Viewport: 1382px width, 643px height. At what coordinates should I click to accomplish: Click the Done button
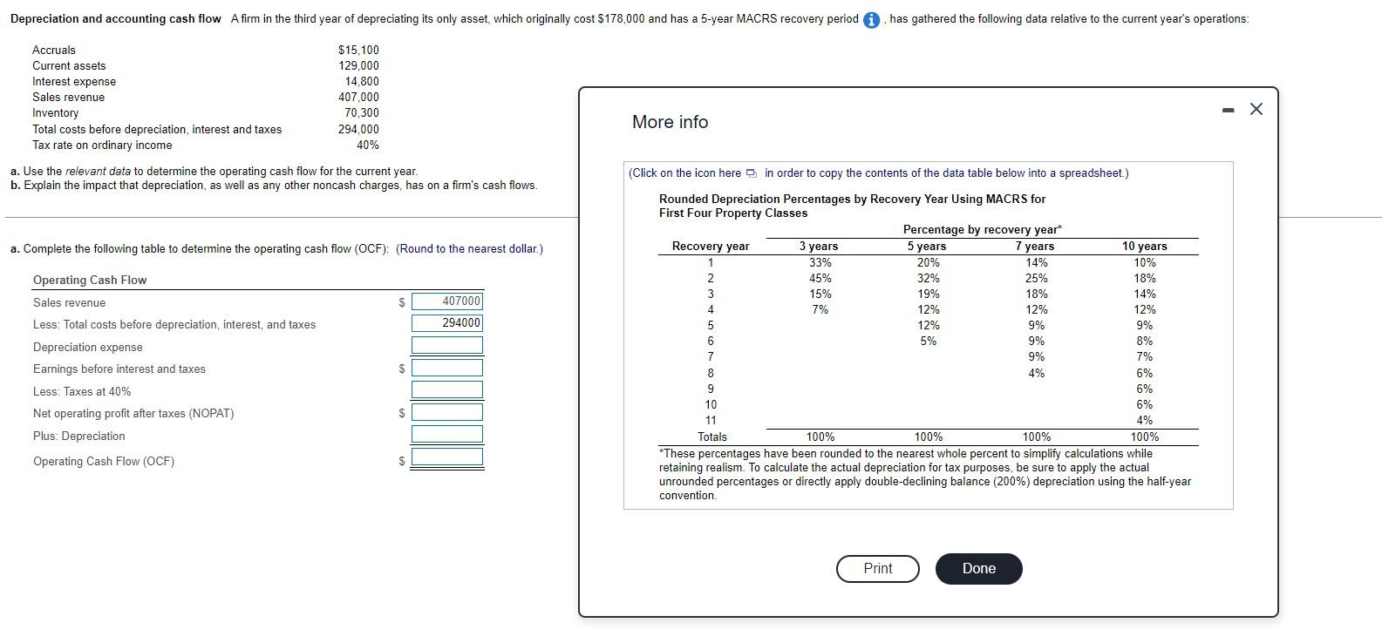click(x=978, y=568)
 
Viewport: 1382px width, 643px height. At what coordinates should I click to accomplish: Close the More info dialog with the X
click(x=1256, y=109)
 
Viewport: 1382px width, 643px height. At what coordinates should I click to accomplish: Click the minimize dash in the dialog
click(x=1229, y=110)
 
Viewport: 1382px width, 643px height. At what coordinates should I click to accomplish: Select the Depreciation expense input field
click(x=447, y=345)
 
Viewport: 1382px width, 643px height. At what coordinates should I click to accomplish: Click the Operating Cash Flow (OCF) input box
click(x=447, y=457)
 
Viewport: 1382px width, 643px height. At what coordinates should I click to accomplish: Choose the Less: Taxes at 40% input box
click(x=447, y=389)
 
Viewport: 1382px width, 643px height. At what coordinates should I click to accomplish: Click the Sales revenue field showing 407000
click(x=447, y=301)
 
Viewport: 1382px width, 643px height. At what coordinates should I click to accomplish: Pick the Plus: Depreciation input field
click(x=447, y=434)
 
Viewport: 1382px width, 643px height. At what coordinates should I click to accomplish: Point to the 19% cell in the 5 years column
click(x=928, y=294)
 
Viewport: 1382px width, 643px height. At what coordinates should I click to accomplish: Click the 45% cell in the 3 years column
click(x=820, y=278)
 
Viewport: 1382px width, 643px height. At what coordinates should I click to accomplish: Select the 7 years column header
click(x=1035, y=247)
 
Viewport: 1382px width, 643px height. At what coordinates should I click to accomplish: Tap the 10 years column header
click(x=1144, y=247)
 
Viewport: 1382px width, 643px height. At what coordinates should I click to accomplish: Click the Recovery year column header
click(x=710, y=247)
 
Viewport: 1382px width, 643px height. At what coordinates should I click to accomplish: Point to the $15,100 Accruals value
click(x=358, y=51)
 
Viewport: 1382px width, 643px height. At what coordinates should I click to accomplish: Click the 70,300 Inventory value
click(x=361, y=113)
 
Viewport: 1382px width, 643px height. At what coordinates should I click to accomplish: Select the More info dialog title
click(x=670, y=122)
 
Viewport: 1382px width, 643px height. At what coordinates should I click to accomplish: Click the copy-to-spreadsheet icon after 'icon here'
click(x=752, y=173)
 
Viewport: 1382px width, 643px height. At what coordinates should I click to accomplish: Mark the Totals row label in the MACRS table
click(x=711, y=437)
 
